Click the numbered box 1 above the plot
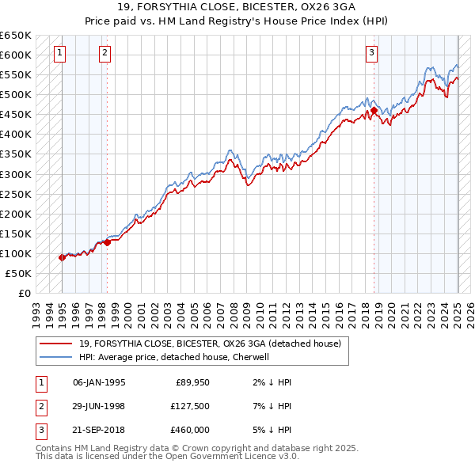(60, 53)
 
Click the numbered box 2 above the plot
(105, 53)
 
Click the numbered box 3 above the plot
(372, 53)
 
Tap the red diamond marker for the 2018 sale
(374, 111)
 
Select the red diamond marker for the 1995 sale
(62, 257)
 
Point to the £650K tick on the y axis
(16, 36)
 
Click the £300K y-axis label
(16, 174)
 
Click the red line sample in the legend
(55, 344)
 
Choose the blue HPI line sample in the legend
(55, 357)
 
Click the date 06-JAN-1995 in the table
(99, 382)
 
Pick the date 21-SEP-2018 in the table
(99, 430)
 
